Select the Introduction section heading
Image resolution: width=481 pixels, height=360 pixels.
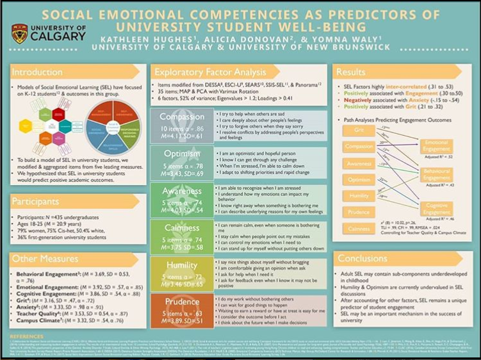pos(37,72)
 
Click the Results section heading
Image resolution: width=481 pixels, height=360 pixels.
pos(352,72)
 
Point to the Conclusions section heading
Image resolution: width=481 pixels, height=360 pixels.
pos(363,259)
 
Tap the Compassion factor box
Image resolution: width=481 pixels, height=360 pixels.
pos(182,126)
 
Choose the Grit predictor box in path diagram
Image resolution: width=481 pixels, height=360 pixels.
pos(358,130)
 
